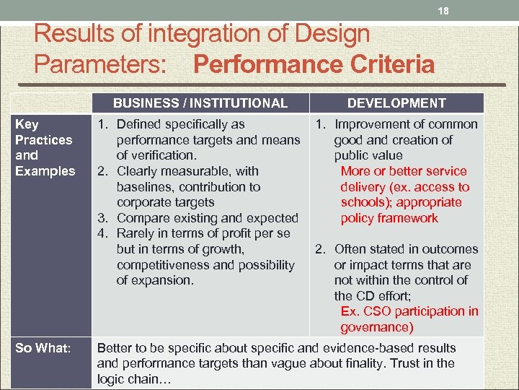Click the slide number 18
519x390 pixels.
(444, 12)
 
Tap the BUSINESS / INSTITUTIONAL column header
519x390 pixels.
(200, 103)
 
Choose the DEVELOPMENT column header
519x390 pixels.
(396, 103)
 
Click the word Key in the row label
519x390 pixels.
(27, 124)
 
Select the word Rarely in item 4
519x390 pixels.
(137, 233)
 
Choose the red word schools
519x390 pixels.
(364, 202)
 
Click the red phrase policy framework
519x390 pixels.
(389, 218)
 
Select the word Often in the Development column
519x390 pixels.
(350, 249)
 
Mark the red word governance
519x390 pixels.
(377, 327)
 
